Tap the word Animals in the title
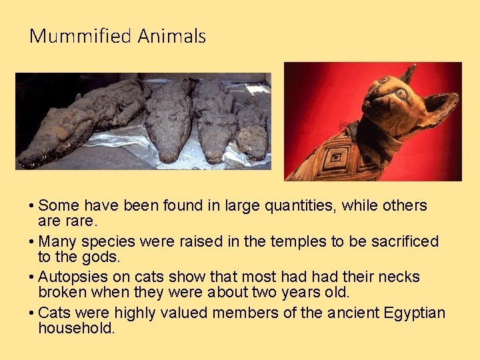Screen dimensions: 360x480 [x=172, y=36]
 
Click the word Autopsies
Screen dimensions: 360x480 [x=71, y=277]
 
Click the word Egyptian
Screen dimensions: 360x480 [x=414, y=313]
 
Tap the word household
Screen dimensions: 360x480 [x=76, y=328]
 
